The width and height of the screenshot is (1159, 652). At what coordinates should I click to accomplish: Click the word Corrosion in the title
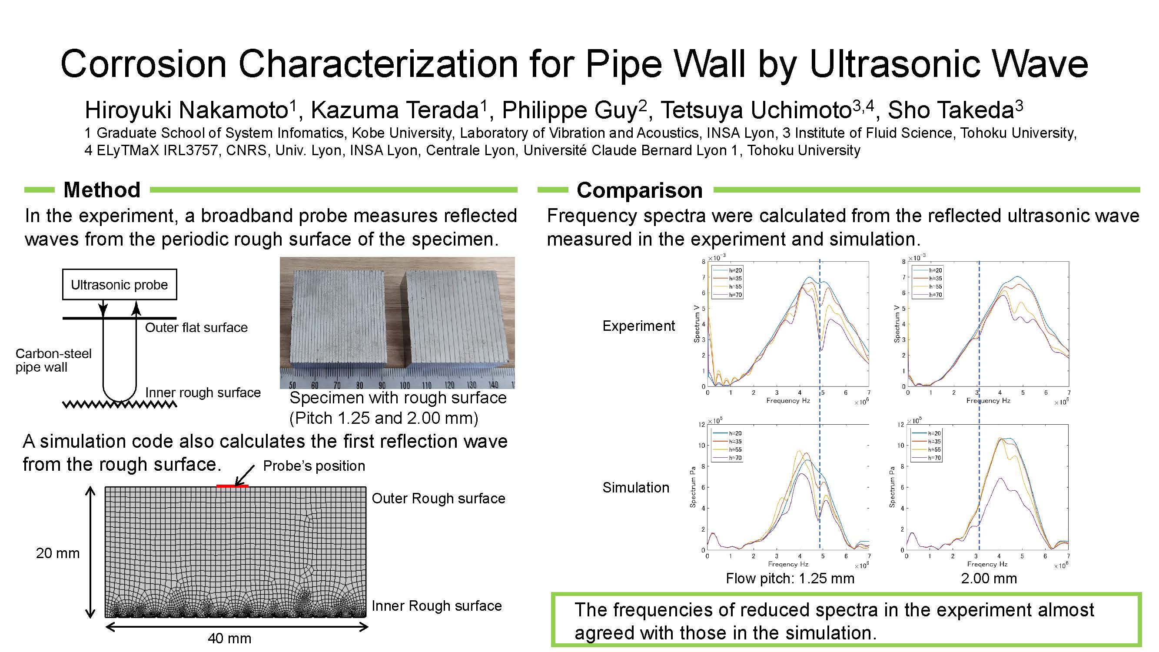point(143,63)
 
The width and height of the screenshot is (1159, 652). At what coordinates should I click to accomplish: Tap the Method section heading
point(102,190)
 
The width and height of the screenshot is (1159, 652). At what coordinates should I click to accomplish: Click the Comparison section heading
point(639,190)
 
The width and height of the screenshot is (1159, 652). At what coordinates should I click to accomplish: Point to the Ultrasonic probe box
point(119,284)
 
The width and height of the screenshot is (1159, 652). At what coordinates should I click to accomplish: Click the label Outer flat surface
point(196,328)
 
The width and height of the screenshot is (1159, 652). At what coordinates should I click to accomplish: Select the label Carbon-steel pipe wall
point(53,360)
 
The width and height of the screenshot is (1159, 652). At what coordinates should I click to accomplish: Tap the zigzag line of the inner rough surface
point(120,405)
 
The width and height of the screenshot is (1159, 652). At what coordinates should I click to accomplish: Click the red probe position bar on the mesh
point(232,486)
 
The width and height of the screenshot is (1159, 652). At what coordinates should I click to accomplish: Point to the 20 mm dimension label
point(58,553)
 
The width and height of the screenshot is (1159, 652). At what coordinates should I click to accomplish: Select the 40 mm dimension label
point(229,638)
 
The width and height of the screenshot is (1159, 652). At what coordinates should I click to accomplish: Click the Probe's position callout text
point(314,466)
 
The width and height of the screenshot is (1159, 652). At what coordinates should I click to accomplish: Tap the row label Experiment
point(638,326)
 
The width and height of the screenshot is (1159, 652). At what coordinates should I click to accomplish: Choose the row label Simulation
point(636,487)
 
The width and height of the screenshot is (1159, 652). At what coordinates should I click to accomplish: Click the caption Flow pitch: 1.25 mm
point(790,578)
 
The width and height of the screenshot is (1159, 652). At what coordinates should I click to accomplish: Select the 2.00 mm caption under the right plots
point(989,578)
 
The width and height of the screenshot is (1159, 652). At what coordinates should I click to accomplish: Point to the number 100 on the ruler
point(404,385)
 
